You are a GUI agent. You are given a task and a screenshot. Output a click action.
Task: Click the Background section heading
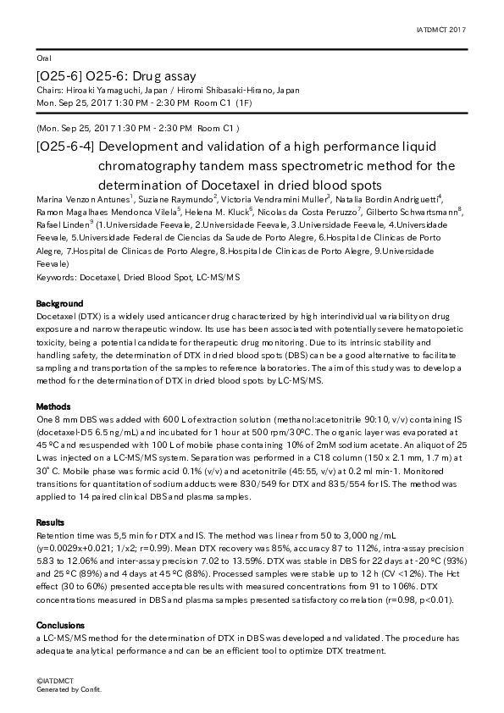(59, 303)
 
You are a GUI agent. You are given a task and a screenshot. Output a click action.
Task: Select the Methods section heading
(53, 407)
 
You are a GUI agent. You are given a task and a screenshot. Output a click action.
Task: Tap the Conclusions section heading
(60, 625)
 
